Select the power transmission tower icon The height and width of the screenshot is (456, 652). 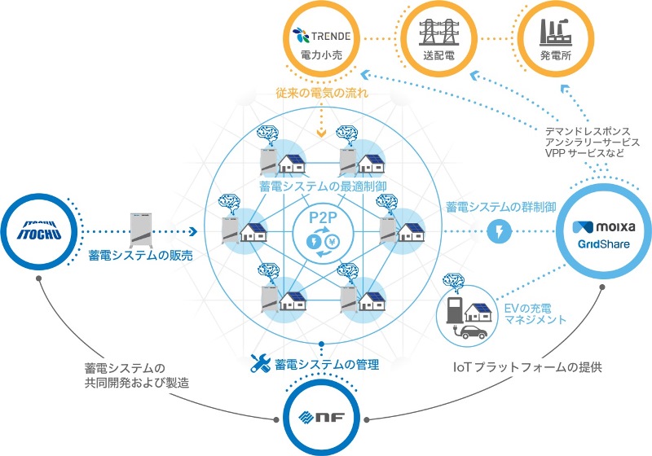pos(438,33)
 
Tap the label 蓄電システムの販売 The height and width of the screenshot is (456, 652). pos(141,256)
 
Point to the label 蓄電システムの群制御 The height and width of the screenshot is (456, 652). pos(500,207)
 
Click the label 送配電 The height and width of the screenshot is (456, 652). pos(438,57)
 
